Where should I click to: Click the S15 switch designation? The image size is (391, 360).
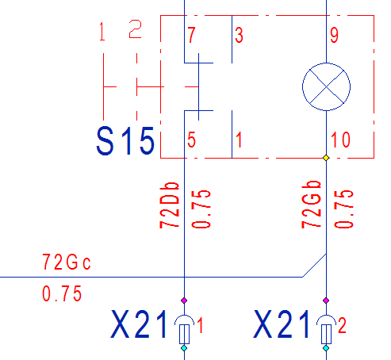pyautogui.click(x=125, y=141)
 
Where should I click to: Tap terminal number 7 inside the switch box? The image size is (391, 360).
pyautogui.click(x=191, y=35)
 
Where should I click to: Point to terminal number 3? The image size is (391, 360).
pyautogui.click(x=239, y=35)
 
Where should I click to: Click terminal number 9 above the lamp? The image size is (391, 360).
pyautogui.click(x=334, y=35)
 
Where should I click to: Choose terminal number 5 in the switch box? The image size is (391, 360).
pyautogui.click(x=191, y=140)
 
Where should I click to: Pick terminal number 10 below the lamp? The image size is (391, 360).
pyautogui.click(x=340, y=140)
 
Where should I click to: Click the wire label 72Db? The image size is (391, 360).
pyautogui.click(x=170, y=205)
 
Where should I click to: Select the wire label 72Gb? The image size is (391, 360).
pyautogui.click(x=311, y=205)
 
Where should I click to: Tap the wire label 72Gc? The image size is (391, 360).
pyautogui.click(x=67, y=262)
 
